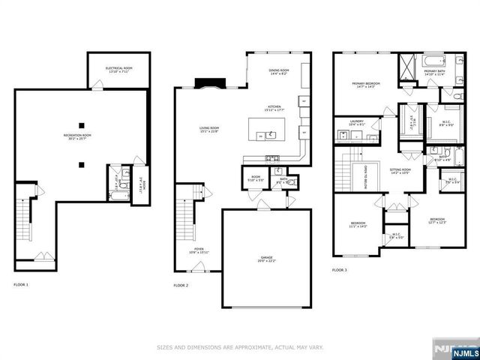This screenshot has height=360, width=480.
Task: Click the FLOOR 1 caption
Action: (x=21, y=285)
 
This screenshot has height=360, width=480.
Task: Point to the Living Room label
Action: (x=209, y=130)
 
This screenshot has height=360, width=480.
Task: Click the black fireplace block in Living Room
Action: (x=205, y=82)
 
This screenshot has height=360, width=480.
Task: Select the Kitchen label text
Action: (x=275, y=109)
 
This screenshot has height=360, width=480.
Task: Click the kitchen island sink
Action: (x=268, y=136)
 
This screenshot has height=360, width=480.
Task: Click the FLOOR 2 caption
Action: (x=181, y=285)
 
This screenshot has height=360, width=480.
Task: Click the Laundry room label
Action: (x=356, y=123)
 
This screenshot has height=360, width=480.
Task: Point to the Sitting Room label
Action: (x=400, y=172)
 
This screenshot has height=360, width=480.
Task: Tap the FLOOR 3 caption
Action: (x=340, y=269)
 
